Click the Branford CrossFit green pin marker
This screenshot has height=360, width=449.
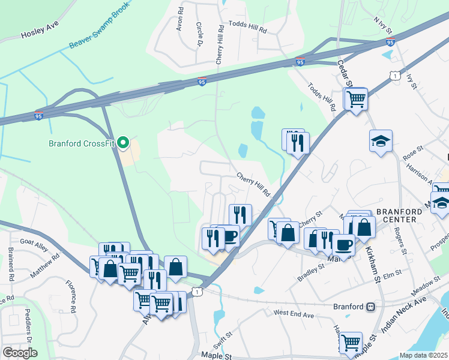tap(123, 143)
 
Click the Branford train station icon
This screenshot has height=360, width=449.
tap(371, 307)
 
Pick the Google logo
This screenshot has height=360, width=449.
tap(20, 353)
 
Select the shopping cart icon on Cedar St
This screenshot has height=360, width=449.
tap(357, 98)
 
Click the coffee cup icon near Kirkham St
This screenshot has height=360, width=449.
tap(343, 244)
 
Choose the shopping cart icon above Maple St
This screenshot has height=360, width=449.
tap(351, 343)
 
